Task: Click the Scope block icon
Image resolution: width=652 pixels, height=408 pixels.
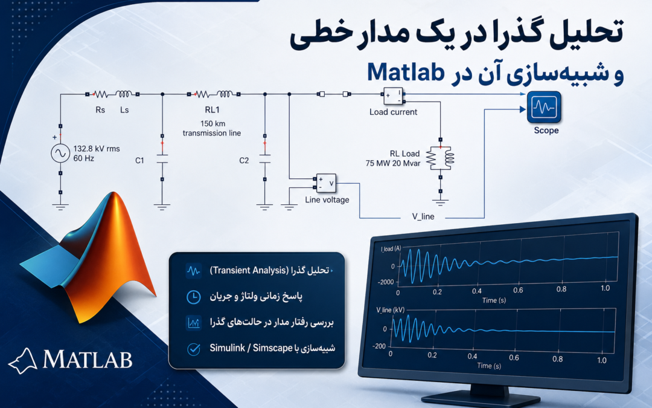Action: [x=544, y=107]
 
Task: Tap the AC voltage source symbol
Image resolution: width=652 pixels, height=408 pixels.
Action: [x=60, y=153]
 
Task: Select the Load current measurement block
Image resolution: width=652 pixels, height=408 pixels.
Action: [x=392, y=96]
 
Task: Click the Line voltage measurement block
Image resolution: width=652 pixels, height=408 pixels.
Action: [x=326, y=183]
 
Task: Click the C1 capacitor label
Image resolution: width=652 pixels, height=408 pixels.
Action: [x=139, y=161]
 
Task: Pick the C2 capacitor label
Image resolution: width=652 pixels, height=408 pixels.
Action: [x=244, y=161]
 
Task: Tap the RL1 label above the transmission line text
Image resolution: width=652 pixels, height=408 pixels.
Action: [x=212, y=110]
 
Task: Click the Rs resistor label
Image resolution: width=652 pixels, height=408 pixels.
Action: [x=100, y=110]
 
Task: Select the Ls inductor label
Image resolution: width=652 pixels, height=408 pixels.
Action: [x=124, y=110]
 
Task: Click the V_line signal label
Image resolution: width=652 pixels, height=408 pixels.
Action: [x=423, y=216]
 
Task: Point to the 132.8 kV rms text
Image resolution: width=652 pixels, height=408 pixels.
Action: [x=97, y=149]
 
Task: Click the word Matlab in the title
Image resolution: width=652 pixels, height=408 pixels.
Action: [x=406, y=71]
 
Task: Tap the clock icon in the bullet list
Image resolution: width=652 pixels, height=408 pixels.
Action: [x=193, y=297]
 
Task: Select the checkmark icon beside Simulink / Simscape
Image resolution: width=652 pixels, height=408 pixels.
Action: [x=193, y=349]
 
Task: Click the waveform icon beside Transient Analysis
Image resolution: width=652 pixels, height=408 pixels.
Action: [x=193, y=271]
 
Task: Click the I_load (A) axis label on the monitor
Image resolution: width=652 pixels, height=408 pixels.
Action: [x=391, y=248]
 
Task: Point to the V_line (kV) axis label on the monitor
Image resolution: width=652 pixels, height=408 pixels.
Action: [x=390, y=310]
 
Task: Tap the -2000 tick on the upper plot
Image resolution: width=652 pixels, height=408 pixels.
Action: [x=385, y=282]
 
